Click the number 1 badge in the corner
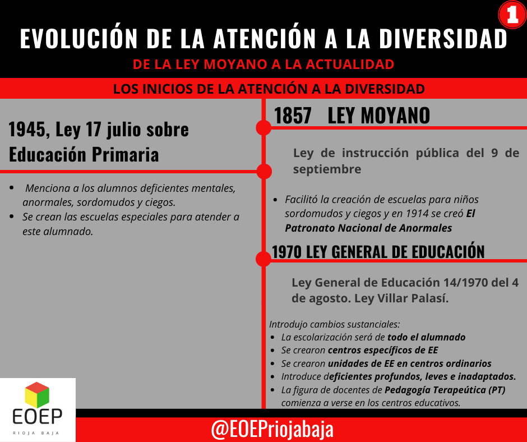(x=512, y=15)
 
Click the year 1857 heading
(x=293, y=116)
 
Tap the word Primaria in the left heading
(x=126, y=154)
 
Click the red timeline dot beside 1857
(x=263, y=128)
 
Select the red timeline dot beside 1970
(x=263, y=259)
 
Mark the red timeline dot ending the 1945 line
(x=264, y=172)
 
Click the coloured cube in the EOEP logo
(x=38, y=395)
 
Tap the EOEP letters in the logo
(x=38, y=416)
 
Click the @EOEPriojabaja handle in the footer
(x=272, y=429)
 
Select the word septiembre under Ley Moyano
(x=327, y=169)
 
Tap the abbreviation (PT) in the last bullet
(x=497, y=390)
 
